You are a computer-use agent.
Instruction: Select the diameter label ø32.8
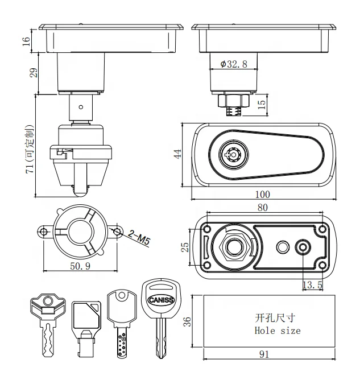(x=234, y=64)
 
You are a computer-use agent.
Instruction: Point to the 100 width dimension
(x=263, y=195)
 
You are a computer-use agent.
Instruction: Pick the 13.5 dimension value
(x=312, y=284)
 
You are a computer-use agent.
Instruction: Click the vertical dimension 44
(x=178, y=154)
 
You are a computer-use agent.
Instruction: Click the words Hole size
(x=278, y=330)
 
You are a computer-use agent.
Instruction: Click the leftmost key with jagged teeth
(x=47, y=321)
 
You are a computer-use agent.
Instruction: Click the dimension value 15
(x=261, y=104)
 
